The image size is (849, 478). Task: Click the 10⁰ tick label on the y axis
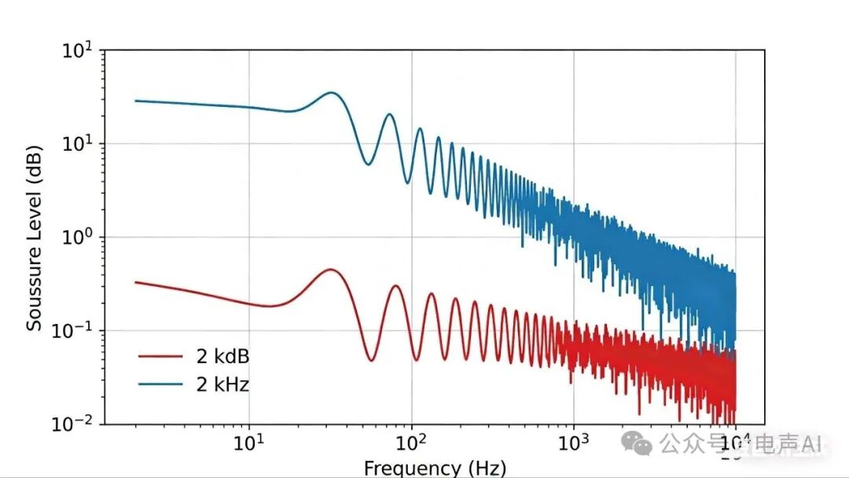(x=78, y=237)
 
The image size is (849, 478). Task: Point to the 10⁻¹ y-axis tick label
(x=73, y=330)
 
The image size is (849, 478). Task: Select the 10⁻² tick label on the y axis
(x=73, y=424)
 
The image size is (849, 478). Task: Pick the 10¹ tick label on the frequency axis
(x=249, y=443)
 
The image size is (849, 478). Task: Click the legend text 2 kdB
(x=222, y=356)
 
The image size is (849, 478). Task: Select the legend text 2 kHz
(x=223, y=384)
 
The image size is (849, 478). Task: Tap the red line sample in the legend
(x=160, y=356)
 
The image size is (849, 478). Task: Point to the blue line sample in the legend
(x=160, y=384)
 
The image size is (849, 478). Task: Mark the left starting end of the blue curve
(x=135, y=101)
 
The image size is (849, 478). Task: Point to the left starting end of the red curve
(x=135, y=281)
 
